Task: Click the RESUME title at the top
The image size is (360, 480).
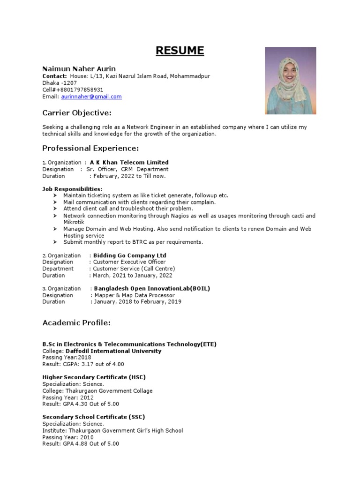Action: pyautogui.click(x=180, y=51)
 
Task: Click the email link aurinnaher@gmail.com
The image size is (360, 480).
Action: pyautogui.click(x=91, y=97)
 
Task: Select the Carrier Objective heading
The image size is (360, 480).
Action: pyautogui.click(x=77, y=113)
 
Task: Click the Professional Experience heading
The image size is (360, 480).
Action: pyautogui.click(x=90, y=149)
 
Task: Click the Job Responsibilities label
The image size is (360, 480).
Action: pyautogui.click(x=71, y=189)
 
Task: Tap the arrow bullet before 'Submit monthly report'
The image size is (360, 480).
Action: pyautogui.click(x=55, y=242)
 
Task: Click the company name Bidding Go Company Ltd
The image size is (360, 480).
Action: pyautogui.click(x=130, y=255)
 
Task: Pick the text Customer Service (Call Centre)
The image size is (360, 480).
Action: pyautogui.click(x=134, y=269)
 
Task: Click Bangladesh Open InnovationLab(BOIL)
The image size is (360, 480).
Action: pyautogui.click(x=152, y=289)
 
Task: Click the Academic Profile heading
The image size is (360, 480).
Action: pyautogui.click(x=76, y=323)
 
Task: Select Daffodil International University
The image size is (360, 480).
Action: pyautogui.click(x=113, y=351)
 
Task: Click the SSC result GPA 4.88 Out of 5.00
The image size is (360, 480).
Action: pyautogui.click(x=91, y=443)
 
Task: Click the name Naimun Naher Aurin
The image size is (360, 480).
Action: pyautogui.click(x=79, y=69)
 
